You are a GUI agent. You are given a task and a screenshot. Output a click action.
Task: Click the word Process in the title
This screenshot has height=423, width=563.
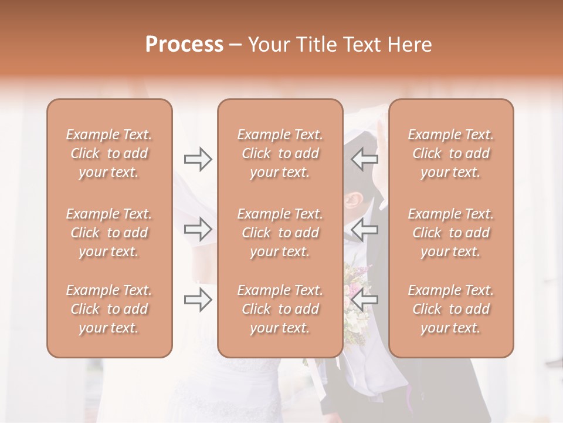(x=184, y=45)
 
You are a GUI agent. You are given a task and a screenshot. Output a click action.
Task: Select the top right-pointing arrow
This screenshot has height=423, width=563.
(x=198, y=159)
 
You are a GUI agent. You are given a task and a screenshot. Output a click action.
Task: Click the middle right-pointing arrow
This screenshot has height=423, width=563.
(x=198, y=229)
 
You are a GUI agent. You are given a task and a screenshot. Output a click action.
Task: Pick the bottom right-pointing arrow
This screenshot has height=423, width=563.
(x=198, y=300)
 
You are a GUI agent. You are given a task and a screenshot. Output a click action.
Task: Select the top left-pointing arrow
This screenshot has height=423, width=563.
(x=365, y=159)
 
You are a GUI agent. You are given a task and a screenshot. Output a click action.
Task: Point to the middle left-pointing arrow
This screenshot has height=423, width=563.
(x=365, y=229)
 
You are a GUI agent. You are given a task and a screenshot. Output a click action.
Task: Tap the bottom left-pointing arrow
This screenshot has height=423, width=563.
(x=365, y=300)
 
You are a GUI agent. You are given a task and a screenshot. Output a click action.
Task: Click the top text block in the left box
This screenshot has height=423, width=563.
(x=109, y=153)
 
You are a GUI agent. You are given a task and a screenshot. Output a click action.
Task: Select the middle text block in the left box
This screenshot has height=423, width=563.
(x=109, y=233)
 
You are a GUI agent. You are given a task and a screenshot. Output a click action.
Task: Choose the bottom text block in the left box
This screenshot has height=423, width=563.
(x=109, y=309)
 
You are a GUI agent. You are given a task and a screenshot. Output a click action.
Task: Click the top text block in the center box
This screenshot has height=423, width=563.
(x=280, y=153)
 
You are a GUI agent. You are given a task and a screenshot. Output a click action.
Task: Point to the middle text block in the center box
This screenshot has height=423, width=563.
(x=280, y=233)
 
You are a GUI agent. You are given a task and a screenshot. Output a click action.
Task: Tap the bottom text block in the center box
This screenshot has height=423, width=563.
(x=280, y=309)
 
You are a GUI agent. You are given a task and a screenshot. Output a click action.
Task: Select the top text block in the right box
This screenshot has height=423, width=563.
(x=451, y=153)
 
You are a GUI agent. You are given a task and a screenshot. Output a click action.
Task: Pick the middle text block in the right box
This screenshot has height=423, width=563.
(x=451, y=233)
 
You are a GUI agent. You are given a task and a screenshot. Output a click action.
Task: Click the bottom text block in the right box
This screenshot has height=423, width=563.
(x=451, y=309)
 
